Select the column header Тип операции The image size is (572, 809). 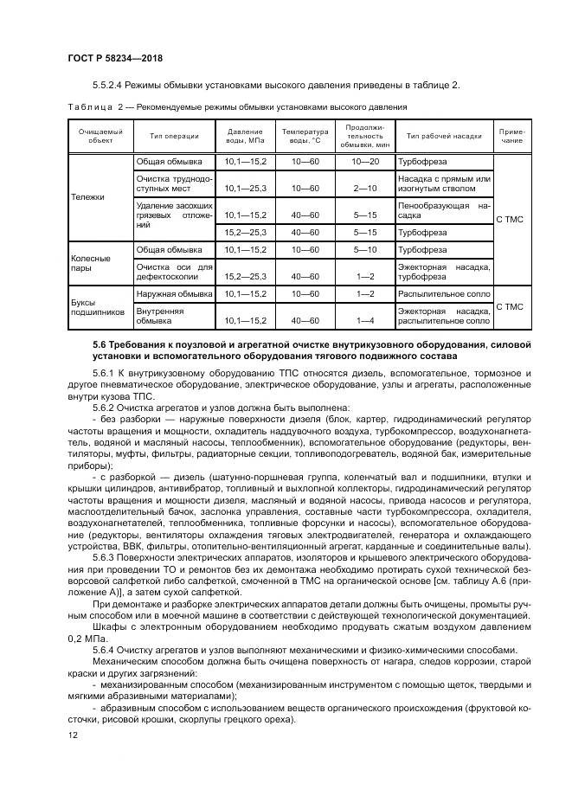pyautogui.click(x=174, y=136)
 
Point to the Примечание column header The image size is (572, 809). pyautogui.click(x=511, y=136)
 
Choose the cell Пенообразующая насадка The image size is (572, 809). pyautogui.click(x=443, y=212)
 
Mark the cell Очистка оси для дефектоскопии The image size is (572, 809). pyautogui.click(x=174, y=272)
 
